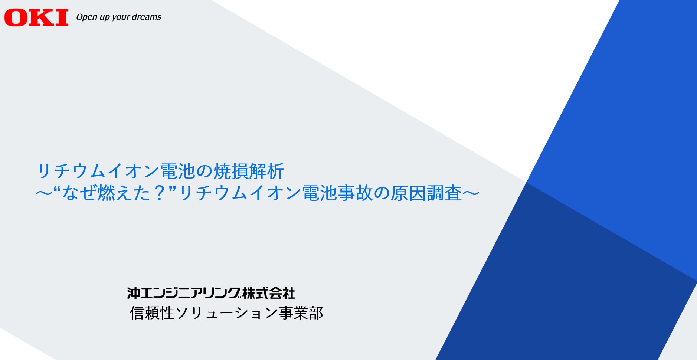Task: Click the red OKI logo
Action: coord(36,18)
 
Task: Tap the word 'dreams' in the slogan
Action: coord(147,17)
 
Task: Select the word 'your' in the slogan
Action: coord(121,17)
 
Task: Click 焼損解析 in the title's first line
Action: coord(249,171)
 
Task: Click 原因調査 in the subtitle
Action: coord(426,193)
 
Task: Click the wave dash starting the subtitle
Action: coord(44,193)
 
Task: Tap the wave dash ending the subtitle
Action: coord(471,193)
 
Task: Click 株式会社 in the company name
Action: coord(269,293)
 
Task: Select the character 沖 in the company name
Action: coord(134,293)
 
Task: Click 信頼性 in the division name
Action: coord(152,313)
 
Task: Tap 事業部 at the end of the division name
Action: coord(301,313)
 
